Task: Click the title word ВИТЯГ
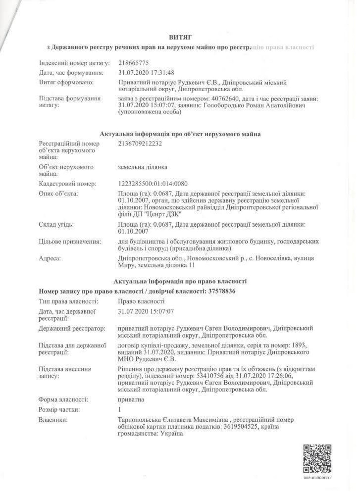pos(180,37)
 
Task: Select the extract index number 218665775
pos(133,63)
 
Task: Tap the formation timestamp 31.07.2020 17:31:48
pos(146,72)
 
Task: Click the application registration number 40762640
pos(226,99)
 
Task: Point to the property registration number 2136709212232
pos(140,144)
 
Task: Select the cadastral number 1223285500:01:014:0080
pos(153,184)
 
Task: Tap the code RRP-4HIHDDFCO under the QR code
pos(317,478)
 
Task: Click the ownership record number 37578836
pos(222,291)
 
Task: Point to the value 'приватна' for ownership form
pos(131,399)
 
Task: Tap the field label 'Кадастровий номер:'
pos(67,184)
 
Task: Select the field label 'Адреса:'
pos(50,258)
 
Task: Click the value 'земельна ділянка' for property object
pos(143,167)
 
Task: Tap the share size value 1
pos(119,409)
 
